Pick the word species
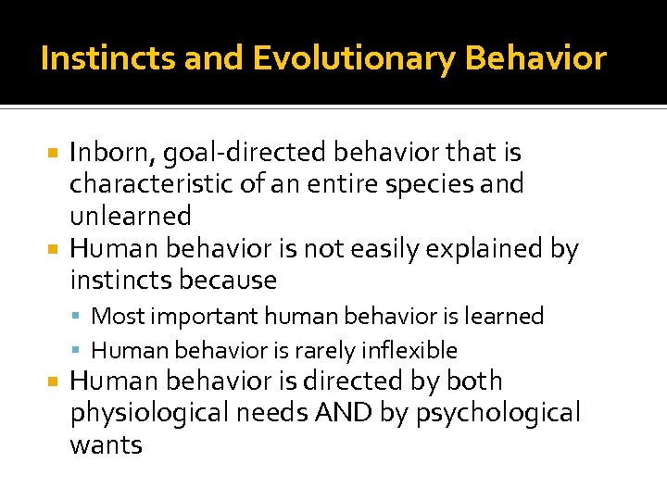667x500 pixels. click(x=440, y=184)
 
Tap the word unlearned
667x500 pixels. click(x=131, y=216)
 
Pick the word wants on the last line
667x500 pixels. click(x=106, y=445)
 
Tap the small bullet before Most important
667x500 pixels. click(x=81, y=318)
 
